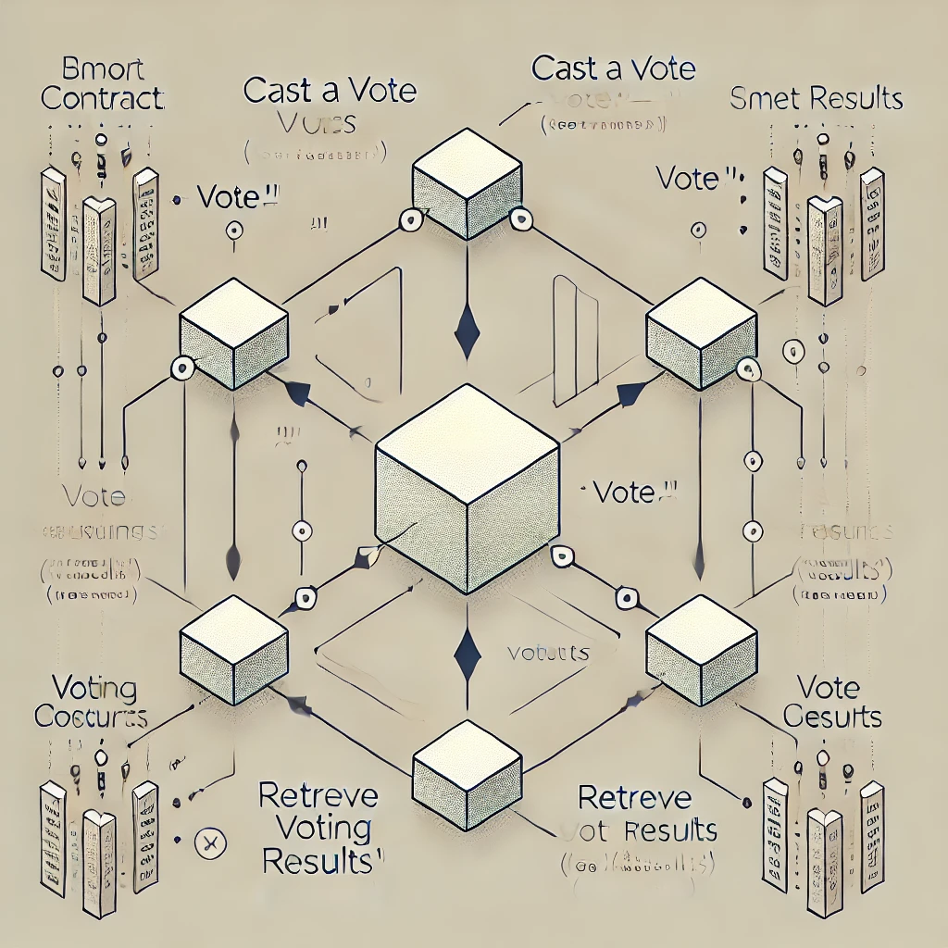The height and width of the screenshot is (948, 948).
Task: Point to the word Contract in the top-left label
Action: pyautogui.click(x=104, y=98)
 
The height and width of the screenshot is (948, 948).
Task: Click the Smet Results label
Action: pyautogui.click(x=816, y=98)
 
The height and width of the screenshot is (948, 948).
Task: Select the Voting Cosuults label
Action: pyautogui.click(x=90, y=703)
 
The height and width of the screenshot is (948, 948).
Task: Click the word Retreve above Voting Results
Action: pyautogui.click(x=318, y=795)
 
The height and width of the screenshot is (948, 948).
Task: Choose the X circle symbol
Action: pyautogui.click(x=209, y=842)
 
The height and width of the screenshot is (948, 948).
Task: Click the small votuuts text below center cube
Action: pyautogui.click(x=548, y=653)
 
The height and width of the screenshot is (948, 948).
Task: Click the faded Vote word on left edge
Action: pyautogui.click(x=94, y=497)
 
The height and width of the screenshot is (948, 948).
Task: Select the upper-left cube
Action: pyautogui.click(x=233, y=334)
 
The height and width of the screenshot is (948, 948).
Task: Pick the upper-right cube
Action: pyautogui.click(x=701, y=334)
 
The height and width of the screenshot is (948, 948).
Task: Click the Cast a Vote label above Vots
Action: pyautogui.click(x=329, y=91)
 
